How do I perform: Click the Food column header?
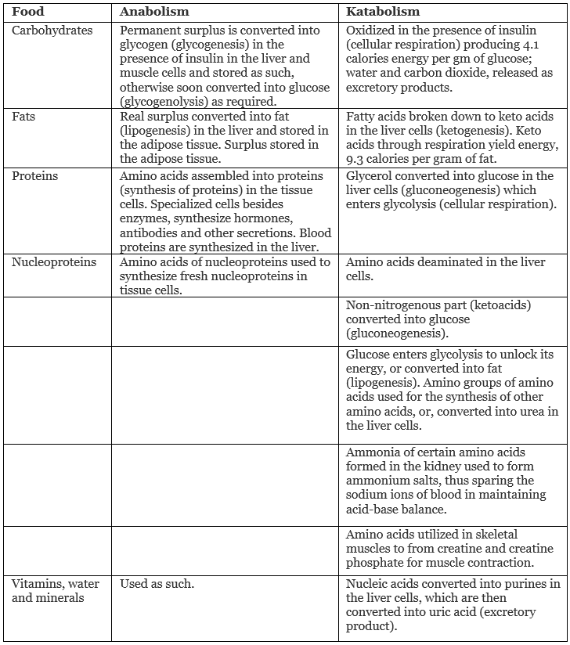[x=28, y=12]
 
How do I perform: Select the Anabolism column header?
[x=154, y=12]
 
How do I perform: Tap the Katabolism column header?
[x=383, y=12]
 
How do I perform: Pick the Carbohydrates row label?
[x=52, y=31]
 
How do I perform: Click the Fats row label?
[x=23, y=117]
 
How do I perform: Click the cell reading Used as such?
[x=157, y=583]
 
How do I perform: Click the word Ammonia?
[x=372, y=452]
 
